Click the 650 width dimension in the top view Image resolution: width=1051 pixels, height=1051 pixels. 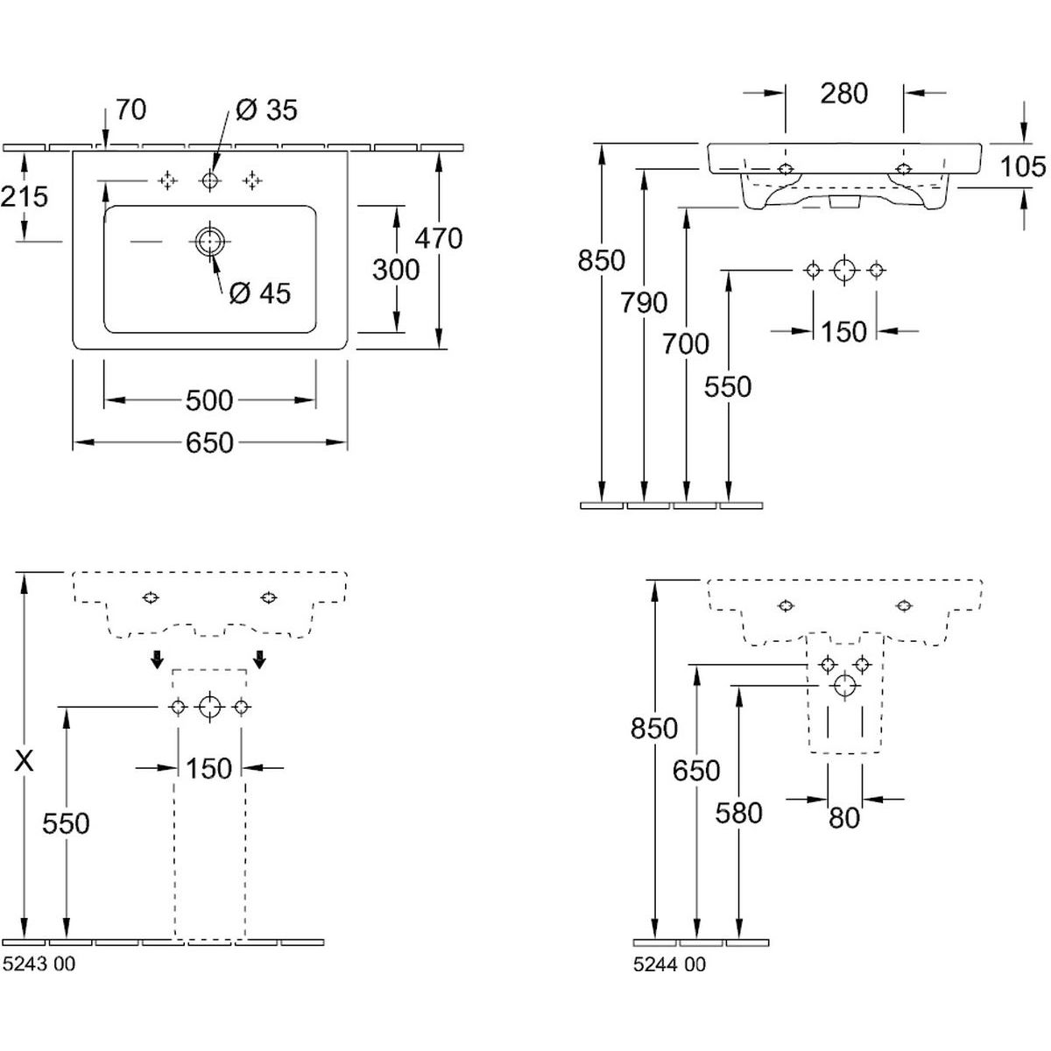click(210, 442)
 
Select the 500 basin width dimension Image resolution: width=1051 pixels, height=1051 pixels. click(210, 400)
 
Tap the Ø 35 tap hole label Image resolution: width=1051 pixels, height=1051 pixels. click(267, 109)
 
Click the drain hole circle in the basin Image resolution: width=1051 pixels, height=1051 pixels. click(209, 241)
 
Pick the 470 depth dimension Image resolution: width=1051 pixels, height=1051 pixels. click(440, 237)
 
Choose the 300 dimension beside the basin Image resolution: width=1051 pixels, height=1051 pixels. click(396, 270)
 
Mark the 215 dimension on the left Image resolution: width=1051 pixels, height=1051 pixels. click(24, 196)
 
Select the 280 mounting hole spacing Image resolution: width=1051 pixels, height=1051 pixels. click(844, 93)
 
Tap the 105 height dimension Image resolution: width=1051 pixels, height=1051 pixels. click(1023, 166)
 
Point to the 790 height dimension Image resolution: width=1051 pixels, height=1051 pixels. click(644, 302)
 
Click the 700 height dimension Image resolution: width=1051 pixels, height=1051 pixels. click(686, 343)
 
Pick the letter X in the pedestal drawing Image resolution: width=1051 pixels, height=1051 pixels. click(25, 762)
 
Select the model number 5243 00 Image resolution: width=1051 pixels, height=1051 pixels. click(39, 964)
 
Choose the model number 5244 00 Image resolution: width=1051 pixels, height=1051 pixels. click(669, 964)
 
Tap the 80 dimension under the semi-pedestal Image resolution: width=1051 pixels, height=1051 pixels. click(844, 818)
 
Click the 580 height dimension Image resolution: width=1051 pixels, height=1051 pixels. click(739, 813)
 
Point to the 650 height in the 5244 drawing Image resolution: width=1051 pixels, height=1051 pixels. click(696, 771)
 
